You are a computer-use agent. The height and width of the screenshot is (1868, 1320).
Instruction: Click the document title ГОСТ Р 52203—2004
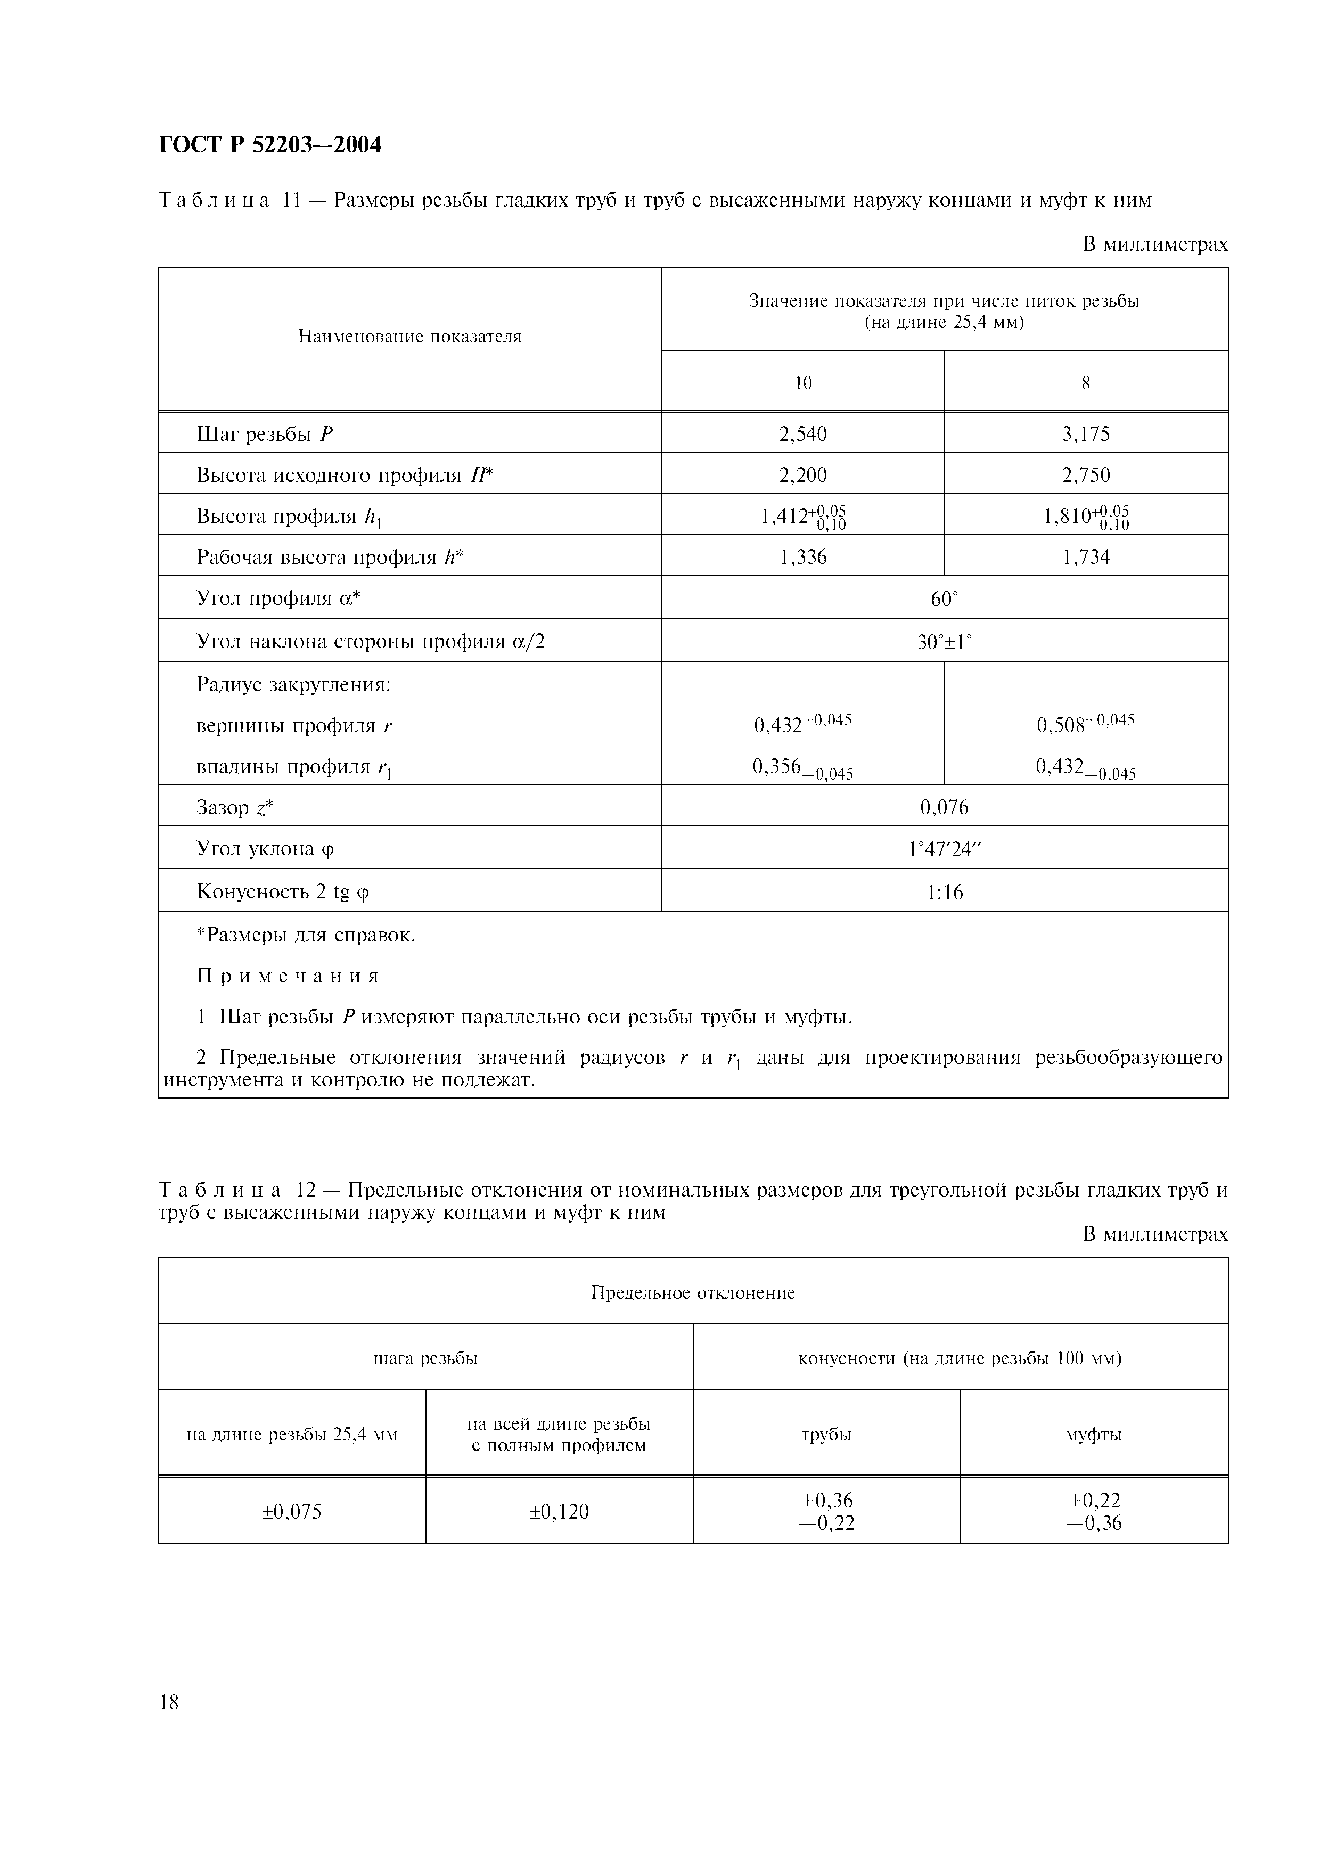(269, 145)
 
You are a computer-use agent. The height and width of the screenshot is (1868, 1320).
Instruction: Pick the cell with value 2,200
(803, 475)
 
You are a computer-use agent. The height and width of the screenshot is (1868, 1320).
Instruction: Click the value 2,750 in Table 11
(1086, 475)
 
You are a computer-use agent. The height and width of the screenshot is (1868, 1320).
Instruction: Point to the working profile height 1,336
(803, 558)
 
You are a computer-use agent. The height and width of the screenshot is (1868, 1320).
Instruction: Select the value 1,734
(1086, 558)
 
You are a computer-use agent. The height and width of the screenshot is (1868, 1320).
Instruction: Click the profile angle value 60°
(944, 600)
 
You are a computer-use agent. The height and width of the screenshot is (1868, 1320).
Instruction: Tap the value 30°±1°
(944, 642)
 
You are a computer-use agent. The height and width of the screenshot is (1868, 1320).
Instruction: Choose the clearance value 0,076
(944, 807)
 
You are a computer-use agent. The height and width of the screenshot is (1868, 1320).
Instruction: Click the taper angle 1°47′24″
(944, 849)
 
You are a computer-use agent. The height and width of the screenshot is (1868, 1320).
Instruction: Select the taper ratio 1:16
(944, 892)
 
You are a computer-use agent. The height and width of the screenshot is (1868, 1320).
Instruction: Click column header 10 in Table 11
(803, 383)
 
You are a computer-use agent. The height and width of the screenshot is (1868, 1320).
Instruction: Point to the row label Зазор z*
(235, 807)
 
